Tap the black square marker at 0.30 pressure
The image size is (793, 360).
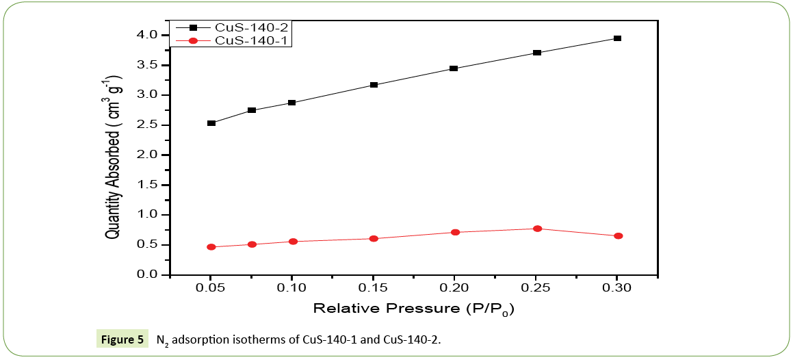point(617,38)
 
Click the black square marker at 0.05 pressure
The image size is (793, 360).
point(211,123)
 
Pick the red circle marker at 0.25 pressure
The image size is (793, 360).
point(537,229)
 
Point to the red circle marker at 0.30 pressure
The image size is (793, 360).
point(618,236)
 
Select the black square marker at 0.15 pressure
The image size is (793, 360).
point(374,85)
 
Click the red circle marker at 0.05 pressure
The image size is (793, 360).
point(211,247)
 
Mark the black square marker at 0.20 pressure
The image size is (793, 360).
point(453,68)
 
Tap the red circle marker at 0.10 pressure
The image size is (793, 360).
point(293,242)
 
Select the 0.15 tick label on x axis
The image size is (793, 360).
point(373,288)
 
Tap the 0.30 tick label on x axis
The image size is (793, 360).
point(616,288)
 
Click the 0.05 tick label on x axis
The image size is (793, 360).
point(211,288)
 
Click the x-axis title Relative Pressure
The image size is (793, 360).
point(413,308)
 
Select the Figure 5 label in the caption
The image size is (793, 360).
point(121,339)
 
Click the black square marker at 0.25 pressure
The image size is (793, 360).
point(537,53)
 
